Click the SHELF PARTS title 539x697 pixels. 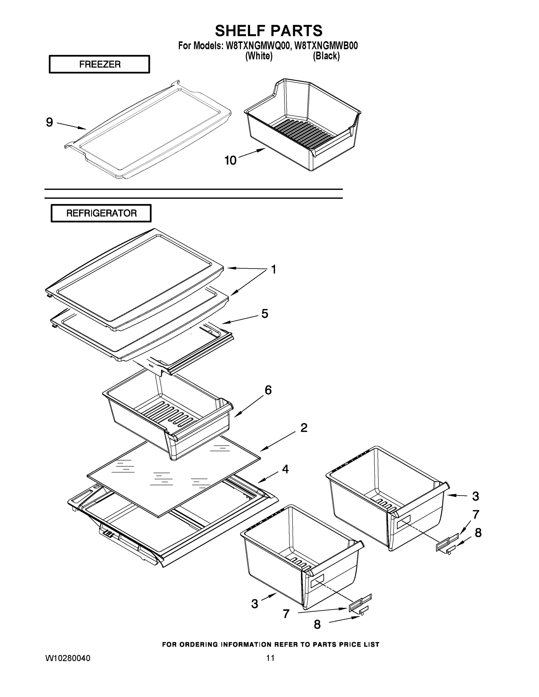268,31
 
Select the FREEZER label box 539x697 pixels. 99,64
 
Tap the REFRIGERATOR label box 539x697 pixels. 101,213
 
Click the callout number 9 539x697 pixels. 49,122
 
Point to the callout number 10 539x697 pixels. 230,161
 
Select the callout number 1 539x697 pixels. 273,270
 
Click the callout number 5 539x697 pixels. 265,314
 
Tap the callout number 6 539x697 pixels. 268,390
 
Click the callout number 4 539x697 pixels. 285,469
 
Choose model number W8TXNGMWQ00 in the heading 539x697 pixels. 258,46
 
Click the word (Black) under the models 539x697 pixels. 326,56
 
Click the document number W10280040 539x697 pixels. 68,658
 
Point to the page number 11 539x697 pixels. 270,658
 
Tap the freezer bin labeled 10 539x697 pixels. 303,128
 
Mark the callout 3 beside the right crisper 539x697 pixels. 475,496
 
